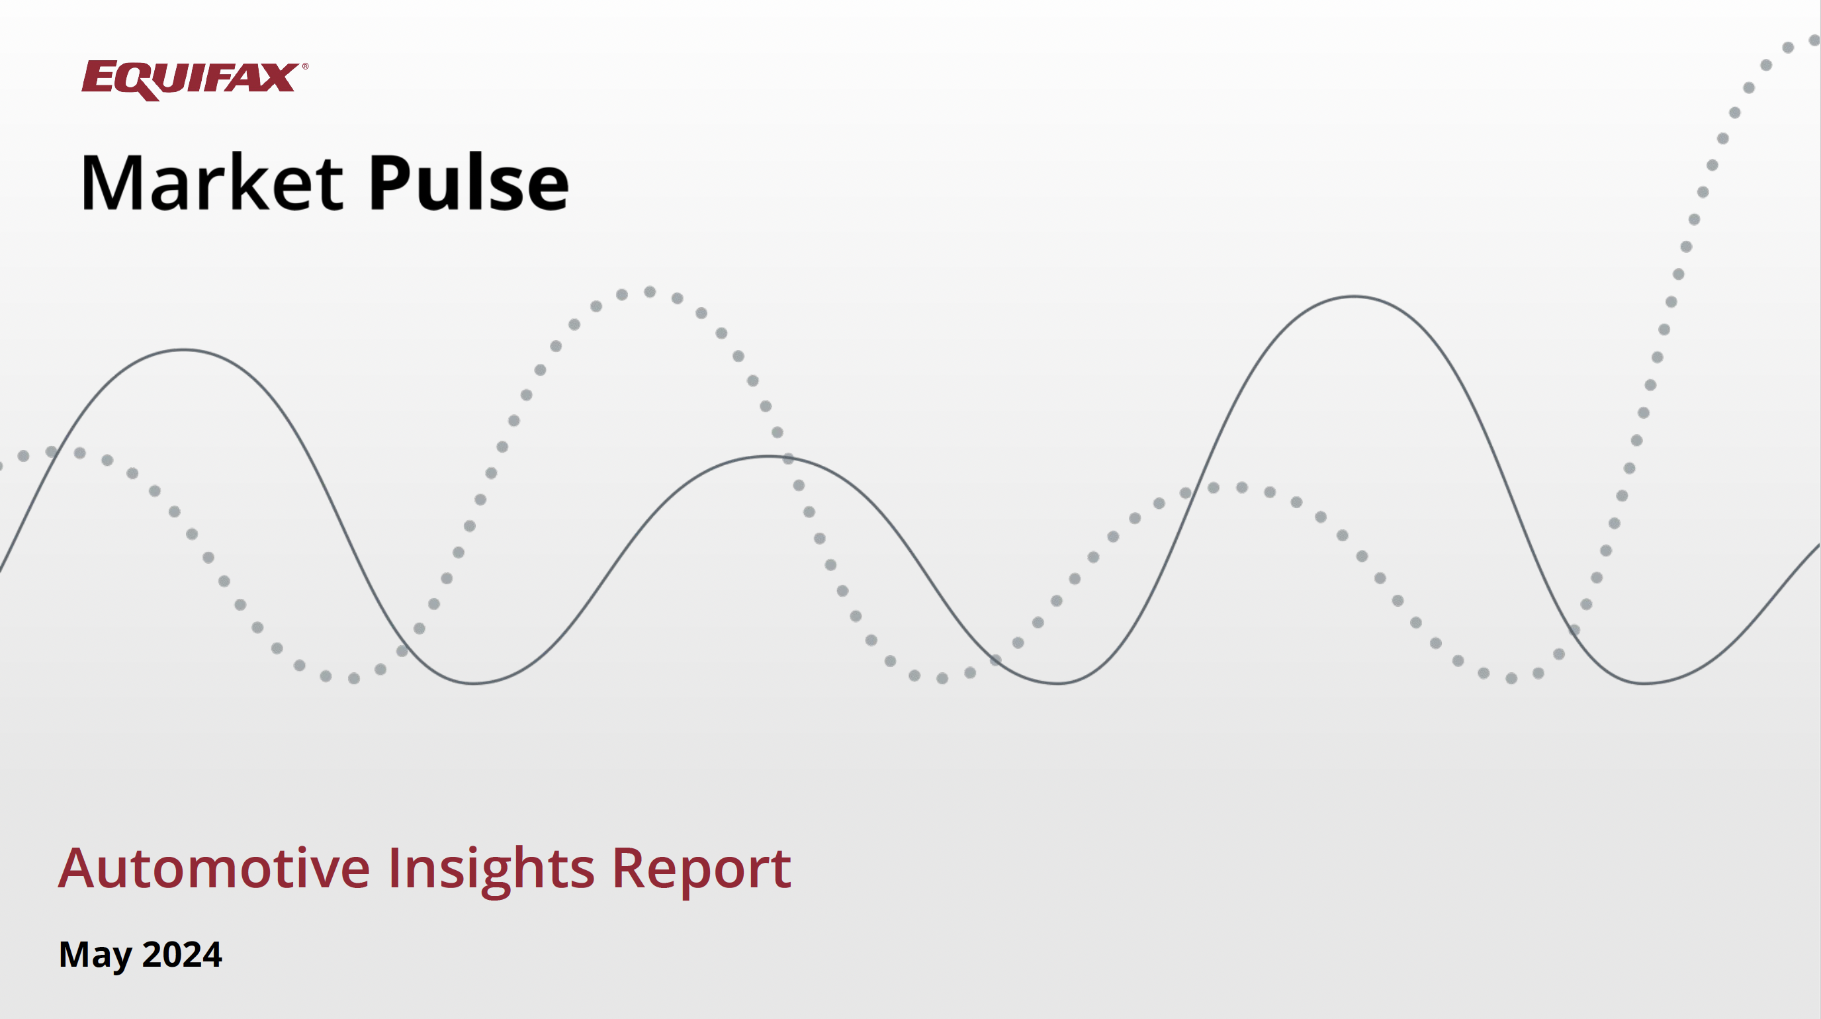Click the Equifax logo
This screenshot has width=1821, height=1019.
(195, 80)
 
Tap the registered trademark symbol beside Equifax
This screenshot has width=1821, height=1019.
(306, 66)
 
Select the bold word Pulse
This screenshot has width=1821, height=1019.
(468, 183)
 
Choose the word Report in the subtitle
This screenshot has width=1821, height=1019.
(701, 871)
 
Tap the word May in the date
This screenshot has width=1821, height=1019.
(95, 955)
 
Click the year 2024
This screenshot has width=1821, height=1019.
(183, 954)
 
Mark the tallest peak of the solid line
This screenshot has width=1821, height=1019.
(1354, 297)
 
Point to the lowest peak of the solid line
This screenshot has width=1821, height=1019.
(768, 457)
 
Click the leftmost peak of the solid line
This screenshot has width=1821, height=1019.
(184, 350)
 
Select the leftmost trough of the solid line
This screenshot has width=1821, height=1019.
(474, 684)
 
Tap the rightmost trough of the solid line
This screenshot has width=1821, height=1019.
(1645, 684)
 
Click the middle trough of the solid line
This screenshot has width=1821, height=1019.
(1057, 684)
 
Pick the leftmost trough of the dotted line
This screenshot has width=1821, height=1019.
(354, 678)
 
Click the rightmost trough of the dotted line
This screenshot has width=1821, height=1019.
(1511, 678)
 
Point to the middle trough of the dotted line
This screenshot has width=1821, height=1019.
(942, 678)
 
